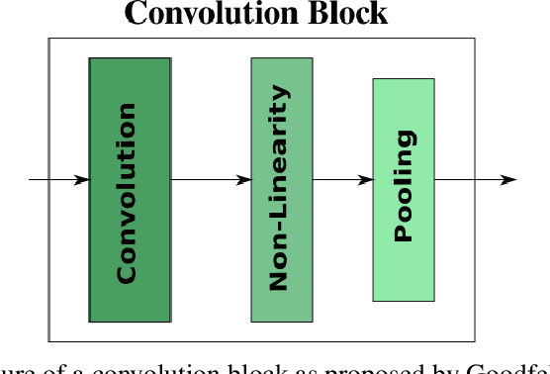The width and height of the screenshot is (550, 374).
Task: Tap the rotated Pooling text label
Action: (x=403, y=187)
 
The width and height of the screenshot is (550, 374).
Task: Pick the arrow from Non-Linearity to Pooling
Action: (x=342, y=180)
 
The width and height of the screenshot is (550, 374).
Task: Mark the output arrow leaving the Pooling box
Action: (x=475, y=180)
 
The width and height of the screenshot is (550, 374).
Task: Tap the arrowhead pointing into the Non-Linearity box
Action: (x=243, y=180)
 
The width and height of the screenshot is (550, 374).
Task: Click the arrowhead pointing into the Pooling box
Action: (x=366, y=180)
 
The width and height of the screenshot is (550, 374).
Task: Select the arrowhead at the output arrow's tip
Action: (x=508, y=180)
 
